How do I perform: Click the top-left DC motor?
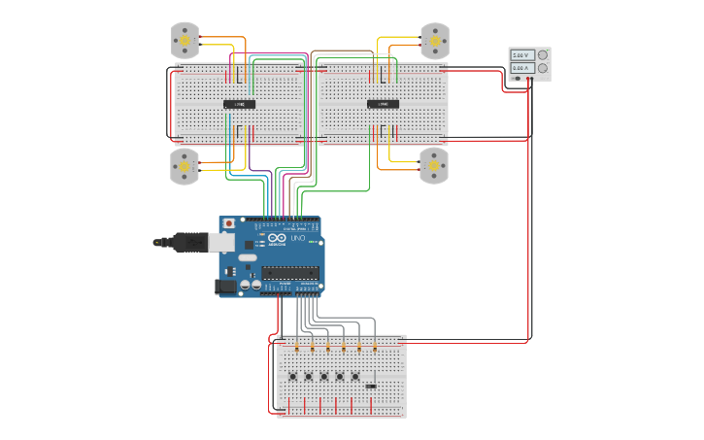coord(184,41)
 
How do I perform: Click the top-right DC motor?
coord(433,41)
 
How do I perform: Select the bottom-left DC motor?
coord(184,166)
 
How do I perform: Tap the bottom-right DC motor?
coord(433,166)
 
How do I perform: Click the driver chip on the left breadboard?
coord(240,104)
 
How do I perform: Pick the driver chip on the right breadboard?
coord(383,104)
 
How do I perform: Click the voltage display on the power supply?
coord(521,56)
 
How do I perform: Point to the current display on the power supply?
coord(521,69)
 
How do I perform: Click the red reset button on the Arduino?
coord(229,223)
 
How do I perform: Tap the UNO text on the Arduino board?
coord(298,238)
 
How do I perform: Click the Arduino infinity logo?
coord(276,239)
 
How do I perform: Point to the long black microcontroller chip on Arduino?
coord(289,273)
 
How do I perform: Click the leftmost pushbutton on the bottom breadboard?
coord(293,376)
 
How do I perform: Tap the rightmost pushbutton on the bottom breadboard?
coord(355,376)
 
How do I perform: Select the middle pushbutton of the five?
coord(324,376)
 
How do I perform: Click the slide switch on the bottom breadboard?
coord(371,386)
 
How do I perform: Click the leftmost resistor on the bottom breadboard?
coord(296,347)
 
